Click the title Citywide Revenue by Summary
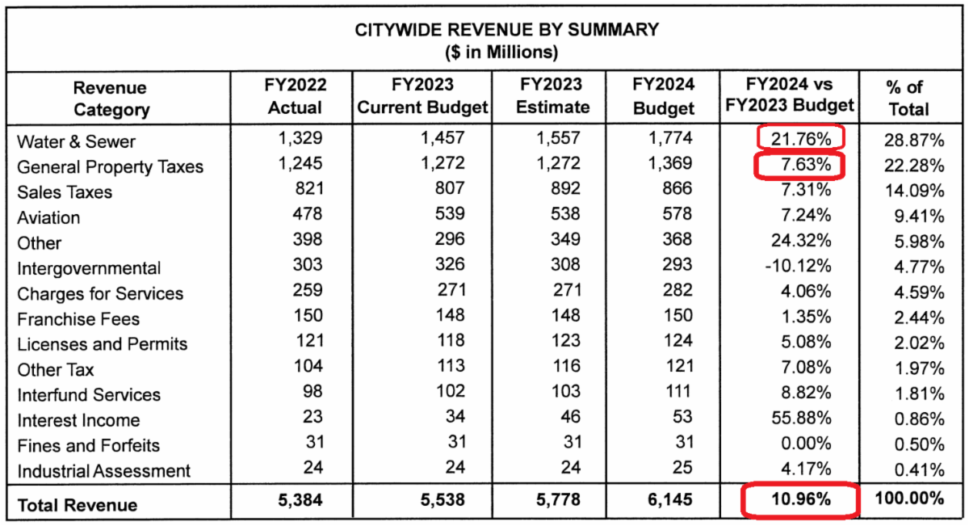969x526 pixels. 507,30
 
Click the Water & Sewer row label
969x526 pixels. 76,141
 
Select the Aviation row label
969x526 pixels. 48,217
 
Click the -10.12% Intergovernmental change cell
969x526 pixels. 797,267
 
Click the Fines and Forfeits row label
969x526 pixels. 88,445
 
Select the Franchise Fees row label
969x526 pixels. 78,319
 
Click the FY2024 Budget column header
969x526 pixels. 663,96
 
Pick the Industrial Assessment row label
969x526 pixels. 103,471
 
